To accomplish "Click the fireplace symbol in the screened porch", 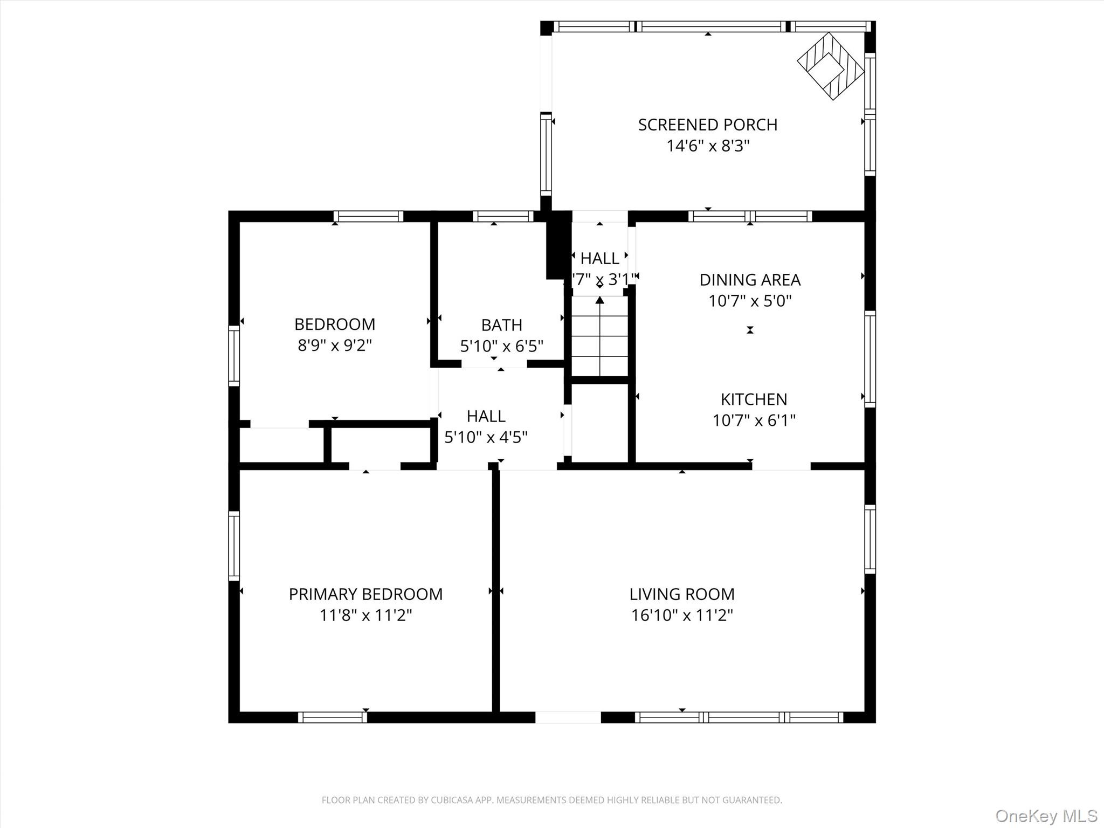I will (830, 66).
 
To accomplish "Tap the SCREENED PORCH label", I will (707, 125).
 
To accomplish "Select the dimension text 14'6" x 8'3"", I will (708, 146).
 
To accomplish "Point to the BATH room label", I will (501, 325).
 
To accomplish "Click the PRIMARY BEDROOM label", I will (365, 594).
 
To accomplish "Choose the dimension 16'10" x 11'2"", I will (682, 615).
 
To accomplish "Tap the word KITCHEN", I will (754, 399).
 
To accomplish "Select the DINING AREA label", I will (750, 280).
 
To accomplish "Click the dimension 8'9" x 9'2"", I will (335, 345).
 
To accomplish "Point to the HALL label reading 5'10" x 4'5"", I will (486, 426).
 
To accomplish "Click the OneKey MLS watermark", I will (1046, 816).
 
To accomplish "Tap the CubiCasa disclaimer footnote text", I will (551, 800).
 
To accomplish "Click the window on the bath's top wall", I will (502, 216).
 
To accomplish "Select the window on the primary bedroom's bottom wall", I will (332, 717).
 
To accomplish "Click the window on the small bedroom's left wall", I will (233, 355).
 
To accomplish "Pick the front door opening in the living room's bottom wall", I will (568, 717).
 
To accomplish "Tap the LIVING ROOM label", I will (682, 594).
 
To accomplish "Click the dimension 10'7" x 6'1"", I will (754, 420).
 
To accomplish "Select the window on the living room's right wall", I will (870, 539).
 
